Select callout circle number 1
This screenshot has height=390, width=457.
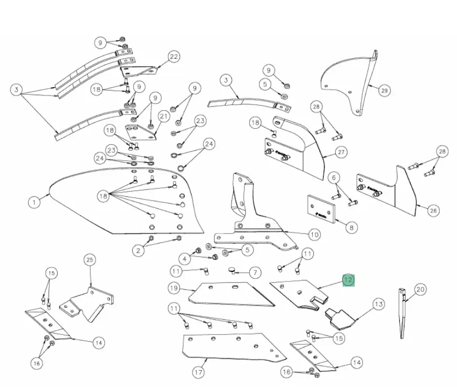point(34,202)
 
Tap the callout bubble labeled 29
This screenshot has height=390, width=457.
point(384,91)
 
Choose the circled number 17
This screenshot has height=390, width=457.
point(197,373)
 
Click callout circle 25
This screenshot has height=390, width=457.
point(90,260)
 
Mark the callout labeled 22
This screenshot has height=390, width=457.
point(174,57)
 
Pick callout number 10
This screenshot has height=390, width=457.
point(314,235)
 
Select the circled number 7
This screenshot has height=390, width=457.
point(255,272)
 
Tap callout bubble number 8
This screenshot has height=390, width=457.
point(350,228)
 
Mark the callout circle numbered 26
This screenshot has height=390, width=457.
point(433,211)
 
